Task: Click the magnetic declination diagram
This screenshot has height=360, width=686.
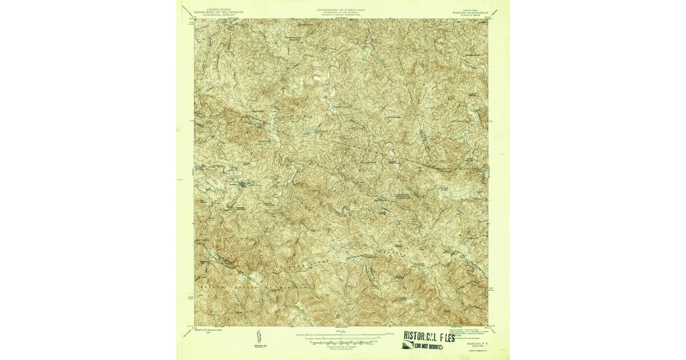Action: point(258,337)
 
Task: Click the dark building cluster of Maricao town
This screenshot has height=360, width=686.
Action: point(245,184)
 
